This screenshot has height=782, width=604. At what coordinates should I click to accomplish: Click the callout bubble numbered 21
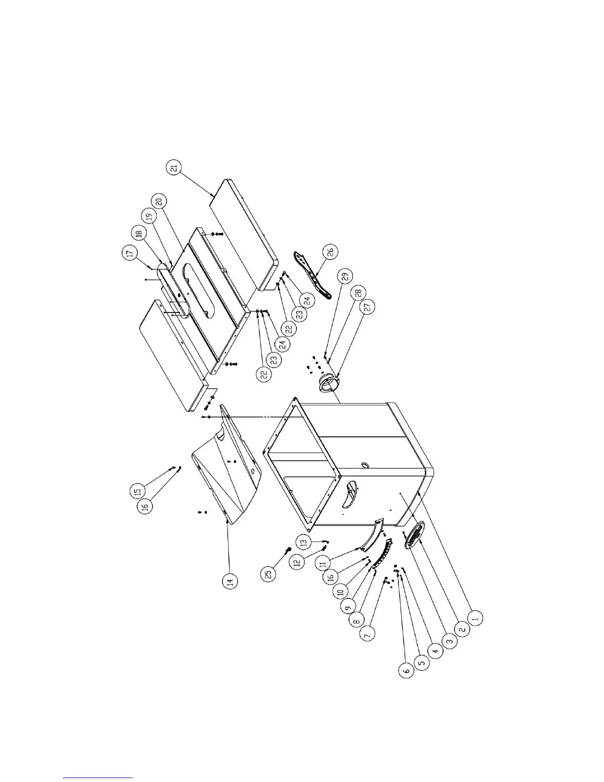[x=174, y=168]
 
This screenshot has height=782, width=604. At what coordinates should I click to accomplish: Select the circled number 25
[x=269, y=573]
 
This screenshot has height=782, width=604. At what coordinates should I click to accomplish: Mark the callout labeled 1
[x=475, y=617]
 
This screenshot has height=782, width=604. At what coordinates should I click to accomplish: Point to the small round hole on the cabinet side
[x=366, y=465]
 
